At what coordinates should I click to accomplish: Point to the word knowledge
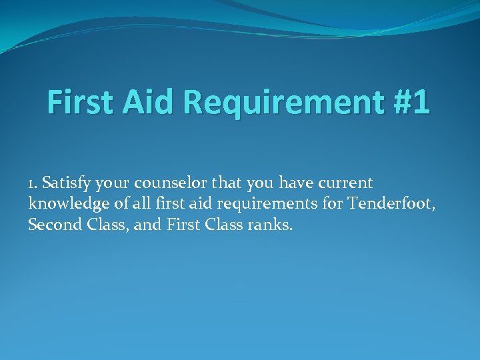[63, 204]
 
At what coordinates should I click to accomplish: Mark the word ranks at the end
[271, 225]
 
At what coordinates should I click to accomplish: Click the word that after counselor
[227, 183]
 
